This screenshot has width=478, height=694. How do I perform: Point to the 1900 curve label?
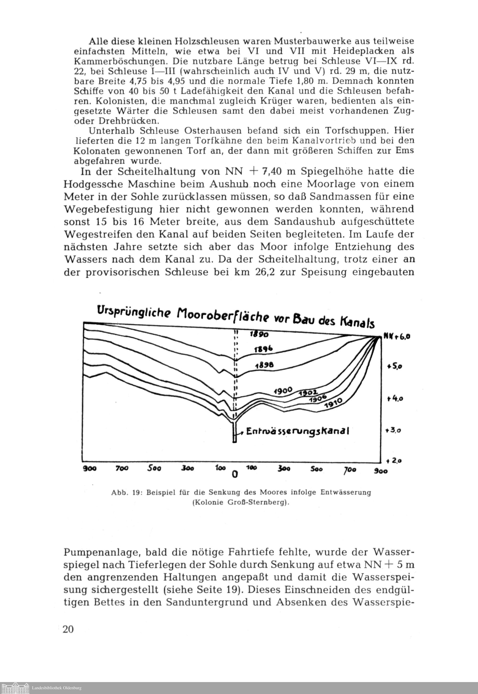[283, 390]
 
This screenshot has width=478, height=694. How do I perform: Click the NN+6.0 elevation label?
[397, 337]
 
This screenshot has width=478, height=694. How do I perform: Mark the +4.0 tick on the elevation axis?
[395, 398]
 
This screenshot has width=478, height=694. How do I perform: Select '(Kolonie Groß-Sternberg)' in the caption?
[241, 503]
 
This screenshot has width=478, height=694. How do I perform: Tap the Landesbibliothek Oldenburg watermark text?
[56, 688]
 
